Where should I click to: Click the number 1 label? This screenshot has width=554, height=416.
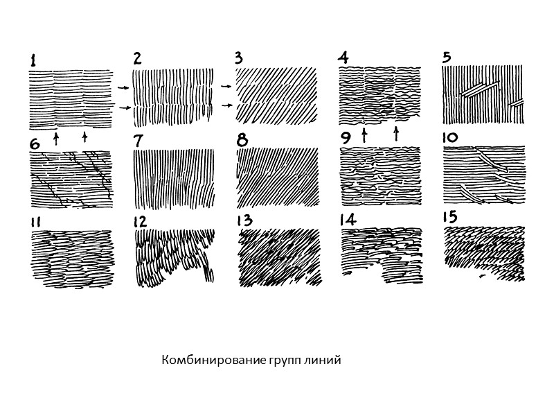click(x=33, y=61)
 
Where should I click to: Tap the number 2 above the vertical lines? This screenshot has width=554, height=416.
click(x=137, y=59)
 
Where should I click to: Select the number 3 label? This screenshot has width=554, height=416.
click(x=239, y=59)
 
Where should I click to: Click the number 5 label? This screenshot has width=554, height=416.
click(x=447, y=58)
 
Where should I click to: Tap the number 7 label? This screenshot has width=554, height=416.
click(x=138, y=140)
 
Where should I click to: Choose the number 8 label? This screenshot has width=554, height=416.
click(x=242, y=140)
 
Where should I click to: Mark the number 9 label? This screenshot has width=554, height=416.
click(x=345, y=139)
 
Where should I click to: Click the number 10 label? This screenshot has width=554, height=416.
click(x=450, y=138)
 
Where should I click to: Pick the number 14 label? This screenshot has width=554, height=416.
click(x=348, y=220)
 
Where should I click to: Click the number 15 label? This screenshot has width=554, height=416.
click(x=450, y=218)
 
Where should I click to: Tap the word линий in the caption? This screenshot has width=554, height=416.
click(x=322, y=361)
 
